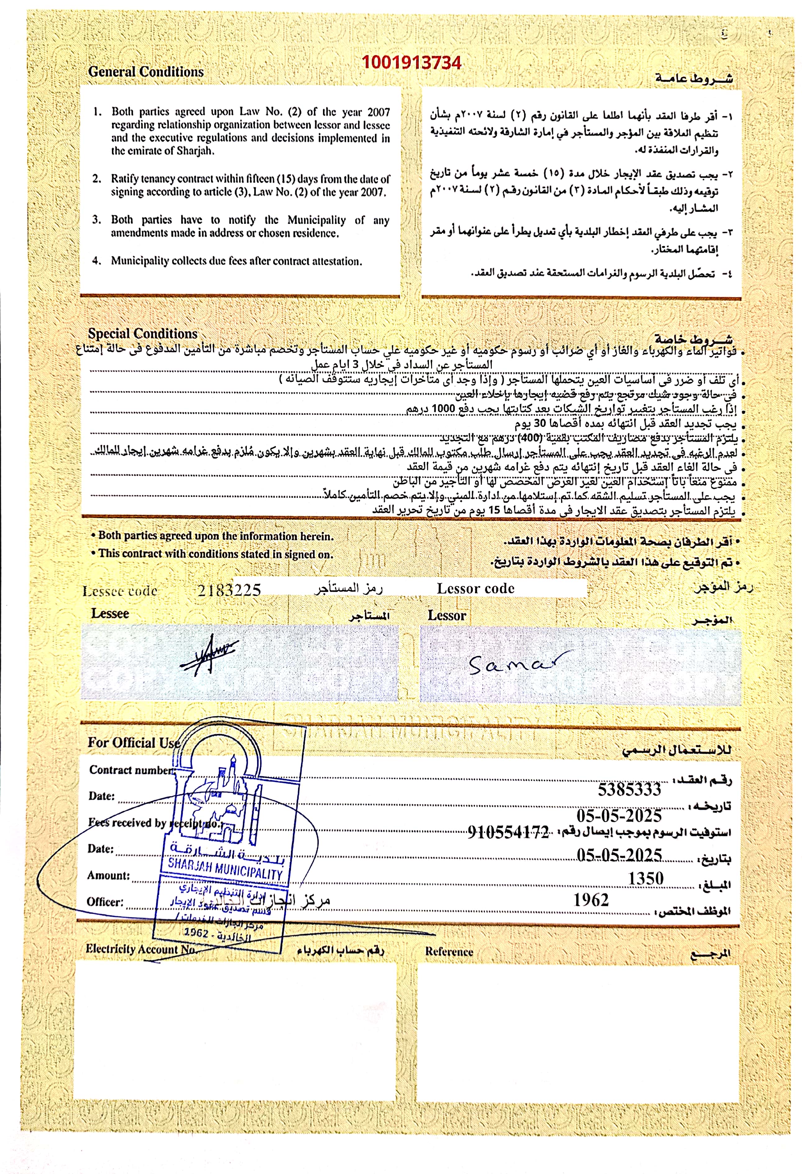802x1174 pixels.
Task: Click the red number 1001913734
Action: [411, 62]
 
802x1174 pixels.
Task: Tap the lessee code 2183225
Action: [229, 590]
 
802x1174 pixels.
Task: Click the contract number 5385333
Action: [629, 789]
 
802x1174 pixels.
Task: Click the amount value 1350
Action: [645, 879]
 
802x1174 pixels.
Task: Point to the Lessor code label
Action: [475, 589]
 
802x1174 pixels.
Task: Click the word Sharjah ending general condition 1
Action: [195, 150]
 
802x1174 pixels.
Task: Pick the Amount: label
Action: [108, 875]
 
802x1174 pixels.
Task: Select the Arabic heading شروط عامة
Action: [694, 78]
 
